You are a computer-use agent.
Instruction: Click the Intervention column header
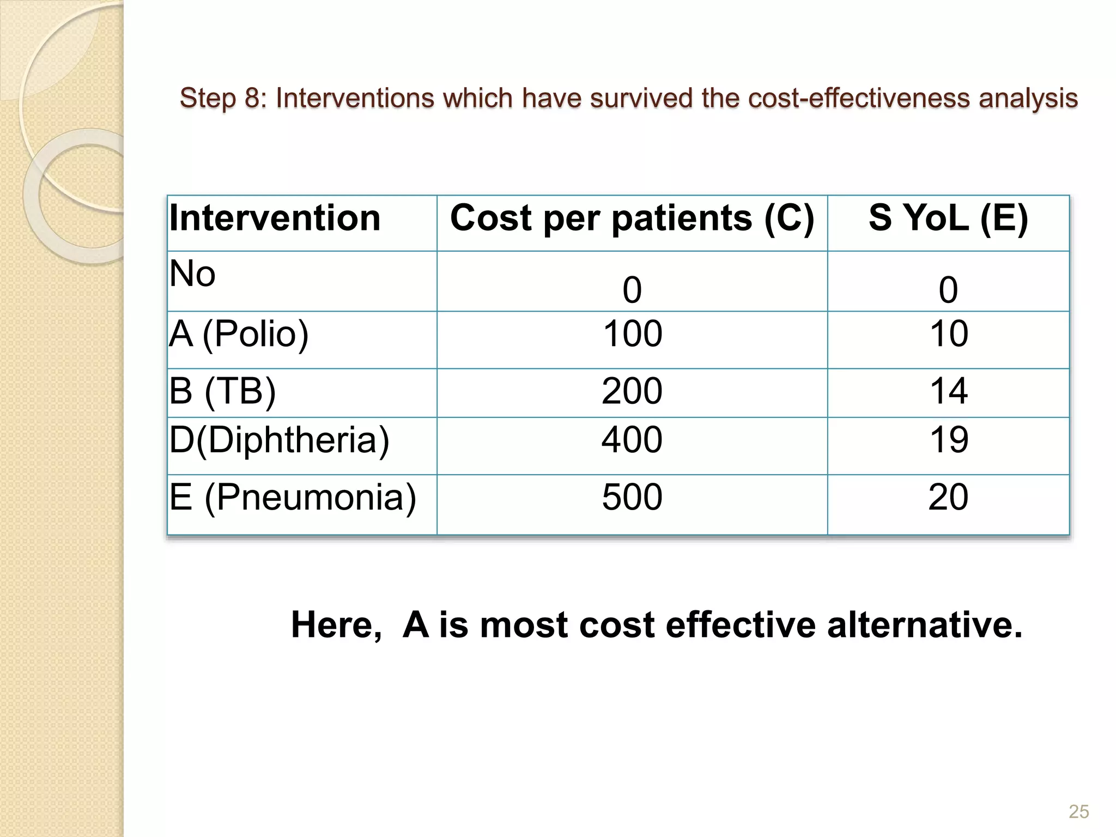click(x=275, y=219)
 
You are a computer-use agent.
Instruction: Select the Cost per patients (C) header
click(x=632, y=219)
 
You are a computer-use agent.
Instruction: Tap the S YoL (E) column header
click(x=948, y=219)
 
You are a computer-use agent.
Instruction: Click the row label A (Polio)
click(x=239, y=333)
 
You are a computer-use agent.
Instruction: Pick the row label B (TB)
click(x=222, y=391)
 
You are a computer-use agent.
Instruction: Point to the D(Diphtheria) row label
click(x=280, y=440)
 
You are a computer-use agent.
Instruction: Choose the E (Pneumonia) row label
click(x=293, y=497)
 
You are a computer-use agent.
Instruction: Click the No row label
click(x=192, y=274)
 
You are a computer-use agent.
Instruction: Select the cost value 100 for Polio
click(x=632, y=333)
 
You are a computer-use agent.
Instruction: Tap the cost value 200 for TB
click(x=632, y=391)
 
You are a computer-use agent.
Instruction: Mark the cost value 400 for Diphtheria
click(x=632, y=440)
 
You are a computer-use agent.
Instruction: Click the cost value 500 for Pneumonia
click(x=632, y=497)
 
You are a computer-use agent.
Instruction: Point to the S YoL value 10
click(x=949, y=333)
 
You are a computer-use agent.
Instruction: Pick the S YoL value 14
click(x=949, y=391)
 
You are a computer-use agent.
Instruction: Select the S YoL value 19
click(x=949, y=440)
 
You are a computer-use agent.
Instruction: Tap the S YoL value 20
click(x=949, y=497)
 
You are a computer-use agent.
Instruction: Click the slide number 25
click(x=1078, y=811)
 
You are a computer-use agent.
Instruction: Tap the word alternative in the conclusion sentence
click(x=924, y=624)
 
